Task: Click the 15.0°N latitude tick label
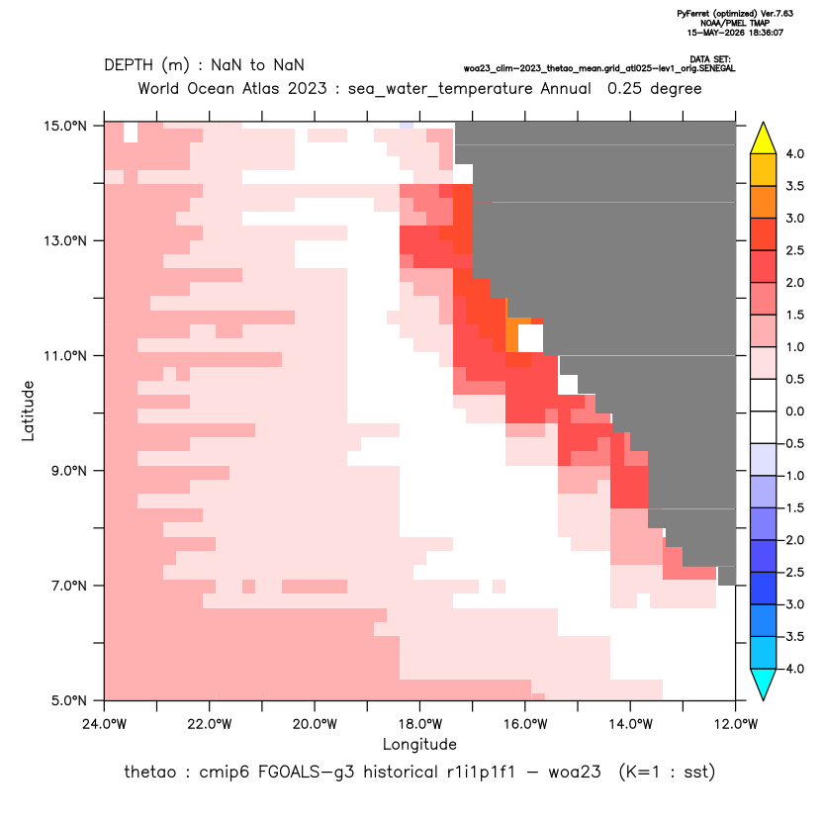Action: [x=65, y=126]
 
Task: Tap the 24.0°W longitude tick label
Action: [x=105, y=724]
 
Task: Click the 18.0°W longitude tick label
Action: [x=419, y=724]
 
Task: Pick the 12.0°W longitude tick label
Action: [x=736, y=724]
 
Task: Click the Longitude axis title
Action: [x=419, y=744]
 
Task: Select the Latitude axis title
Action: [x=28, y=411]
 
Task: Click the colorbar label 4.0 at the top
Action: [x=794, y=153]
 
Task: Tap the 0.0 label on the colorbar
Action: [x=794, y=411]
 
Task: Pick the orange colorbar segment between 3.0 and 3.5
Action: [x=764, y=202]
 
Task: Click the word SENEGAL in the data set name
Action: [x=719, y=69]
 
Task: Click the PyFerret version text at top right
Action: [x=735, y=14]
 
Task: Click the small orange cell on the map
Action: [x=512, y=335]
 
